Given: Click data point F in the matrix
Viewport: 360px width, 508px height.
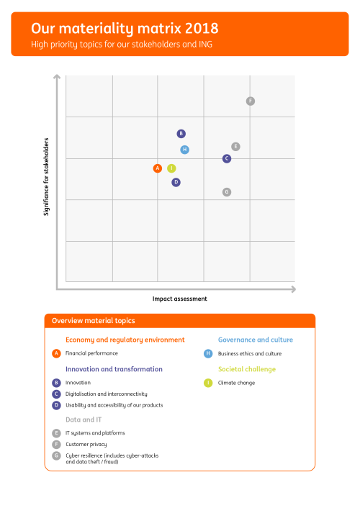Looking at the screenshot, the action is click(251, 101).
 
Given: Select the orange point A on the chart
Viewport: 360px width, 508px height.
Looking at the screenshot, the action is click(158, 168).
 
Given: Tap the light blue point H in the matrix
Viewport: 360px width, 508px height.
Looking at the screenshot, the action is click(185, 150).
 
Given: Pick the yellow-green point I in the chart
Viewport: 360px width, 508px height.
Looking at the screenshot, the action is click(171, 168).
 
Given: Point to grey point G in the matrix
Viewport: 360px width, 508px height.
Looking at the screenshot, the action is click(227, 192).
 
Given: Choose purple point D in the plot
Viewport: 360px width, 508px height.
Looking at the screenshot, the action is click(176, 182).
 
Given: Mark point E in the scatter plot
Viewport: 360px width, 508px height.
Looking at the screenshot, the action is click(235, 147).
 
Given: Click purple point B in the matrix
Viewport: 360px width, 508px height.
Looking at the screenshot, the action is click(181, 134).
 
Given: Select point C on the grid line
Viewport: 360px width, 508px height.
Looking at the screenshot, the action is click(227, 158).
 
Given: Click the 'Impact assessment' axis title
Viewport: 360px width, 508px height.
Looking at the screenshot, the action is click(180, 299).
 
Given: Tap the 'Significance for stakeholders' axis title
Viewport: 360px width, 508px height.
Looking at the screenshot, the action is click(46, 177).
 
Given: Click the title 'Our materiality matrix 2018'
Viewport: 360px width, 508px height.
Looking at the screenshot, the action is click(125, 29).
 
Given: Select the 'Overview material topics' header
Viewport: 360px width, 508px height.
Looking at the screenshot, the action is click(94, 321).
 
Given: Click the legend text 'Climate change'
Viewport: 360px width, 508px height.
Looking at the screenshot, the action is click(236, 383).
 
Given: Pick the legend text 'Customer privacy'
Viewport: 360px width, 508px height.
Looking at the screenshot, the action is click(86, 444).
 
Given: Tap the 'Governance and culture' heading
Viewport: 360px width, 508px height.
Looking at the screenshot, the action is click(256, 340).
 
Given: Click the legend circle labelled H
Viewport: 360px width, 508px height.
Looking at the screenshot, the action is click(208, 353).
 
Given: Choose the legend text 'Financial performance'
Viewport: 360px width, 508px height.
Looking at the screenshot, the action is click(91, 353).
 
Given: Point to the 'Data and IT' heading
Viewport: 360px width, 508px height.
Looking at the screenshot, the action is click(84, 419).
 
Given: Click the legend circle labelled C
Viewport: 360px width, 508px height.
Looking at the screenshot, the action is click(56, 394).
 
